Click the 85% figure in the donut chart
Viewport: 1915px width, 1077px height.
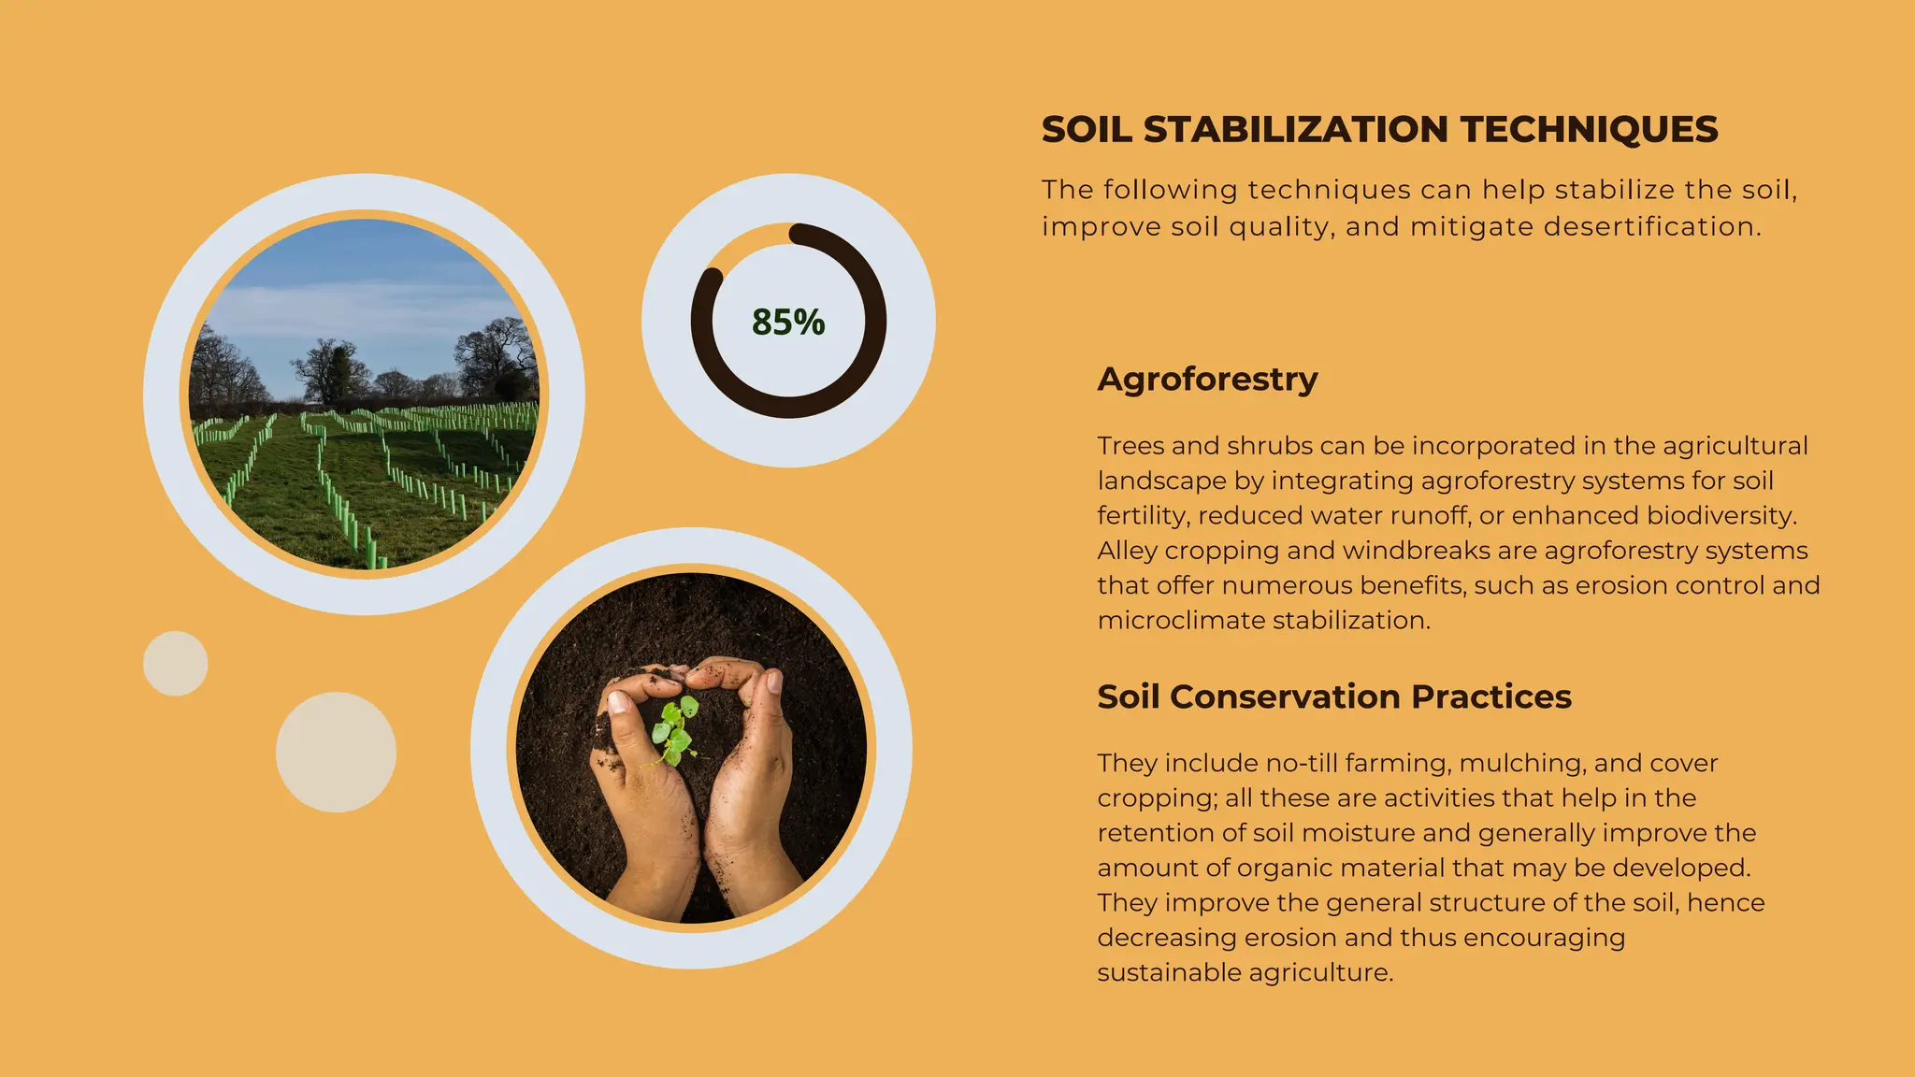(x=788, y=323)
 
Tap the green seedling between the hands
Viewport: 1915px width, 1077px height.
(x=675, y=729)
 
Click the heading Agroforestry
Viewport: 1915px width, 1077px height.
(x=1207, y=379)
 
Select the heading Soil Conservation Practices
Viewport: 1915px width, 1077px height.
(x=1333, y=696)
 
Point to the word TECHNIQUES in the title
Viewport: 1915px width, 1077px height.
(x=1590, y=130)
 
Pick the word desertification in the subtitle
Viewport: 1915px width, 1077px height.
(x=1652, y=227)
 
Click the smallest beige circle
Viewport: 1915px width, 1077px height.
(x=175, y=663)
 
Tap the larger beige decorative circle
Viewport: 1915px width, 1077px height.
(x=336, y=752)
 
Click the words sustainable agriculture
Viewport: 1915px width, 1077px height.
(x=1245, y=972)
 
